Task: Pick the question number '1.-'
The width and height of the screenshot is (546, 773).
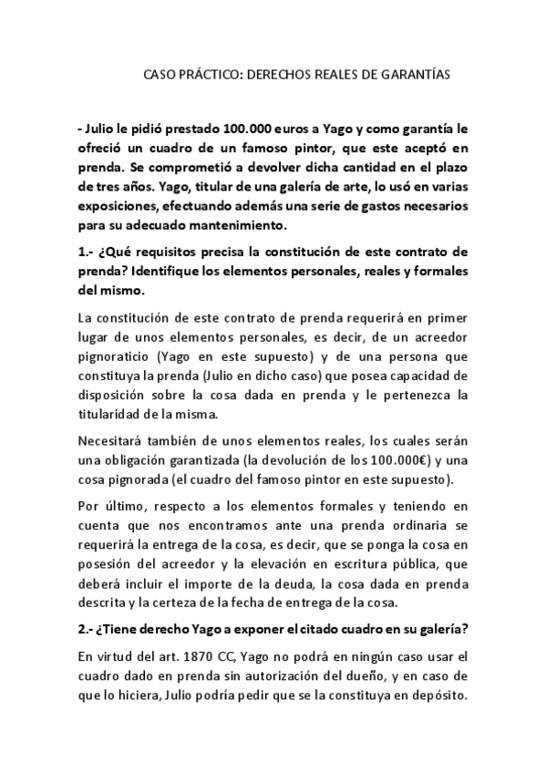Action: pyautogui.click(x=88, y=252)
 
